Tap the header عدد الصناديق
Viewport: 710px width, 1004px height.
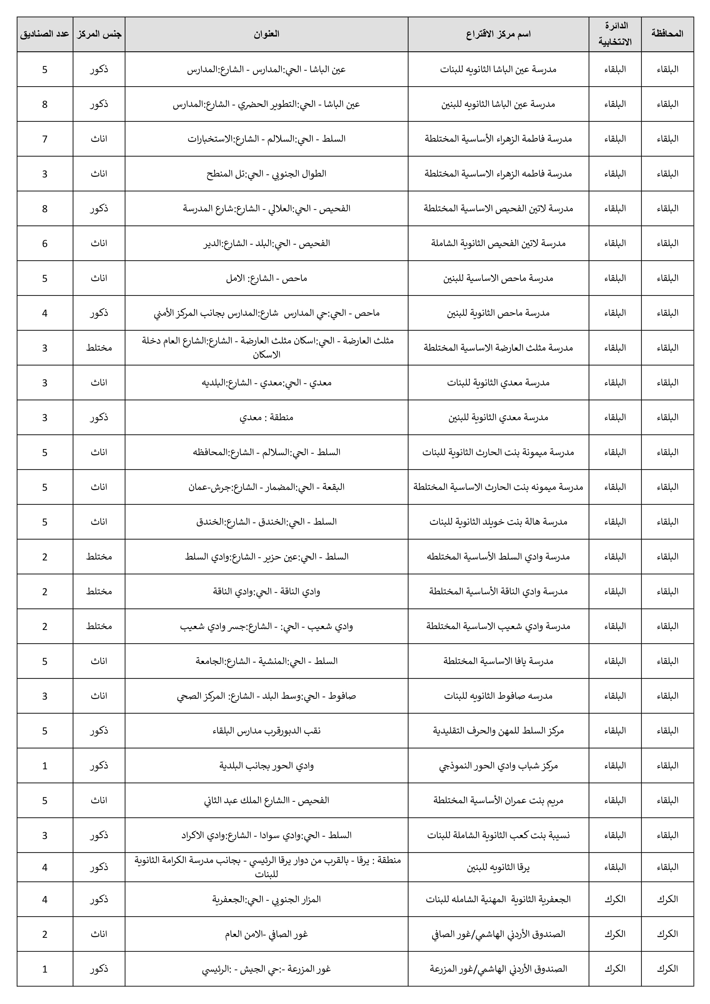point(45,34)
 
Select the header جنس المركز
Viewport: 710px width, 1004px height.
point(99,34)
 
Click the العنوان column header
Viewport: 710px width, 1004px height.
point(266,34)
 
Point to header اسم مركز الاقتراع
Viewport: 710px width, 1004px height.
point(498,34)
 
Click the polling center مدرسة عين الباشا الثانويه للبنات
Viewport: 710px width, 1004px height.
point(498,69)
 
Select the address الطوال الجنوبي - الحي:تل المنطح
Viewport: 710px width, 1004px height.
point(266,174)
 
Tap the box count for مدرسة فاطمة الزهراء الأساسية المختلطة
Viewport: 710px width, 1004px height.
point(45,139)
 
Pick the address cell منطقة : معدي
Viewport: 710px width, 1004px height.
point(266,417)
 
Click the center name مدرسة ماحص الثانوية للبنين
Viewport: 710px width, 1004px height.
point(498,313)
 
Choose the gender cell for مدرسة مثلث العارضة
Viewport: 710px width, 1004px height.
point(99,348)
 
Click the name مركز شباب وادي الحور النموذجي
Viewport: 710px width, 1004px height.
point(498,765)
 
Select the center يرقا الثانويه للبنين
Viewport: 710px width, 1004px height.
point(498,867)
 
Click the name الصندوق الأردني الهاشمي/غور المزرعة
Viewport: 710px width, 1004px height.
point(498,968)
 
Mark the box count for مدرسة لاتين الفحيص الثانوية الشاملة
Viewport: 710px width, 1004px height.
point(45,243)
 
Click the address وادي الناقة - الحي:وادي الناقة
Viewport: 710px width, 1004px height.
point(266,591)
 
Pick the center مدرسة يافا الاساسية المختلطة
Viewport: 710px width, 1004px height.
point(498,661)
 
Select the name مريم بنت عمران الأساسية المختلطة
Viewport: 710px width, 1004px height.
point(498,800)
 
